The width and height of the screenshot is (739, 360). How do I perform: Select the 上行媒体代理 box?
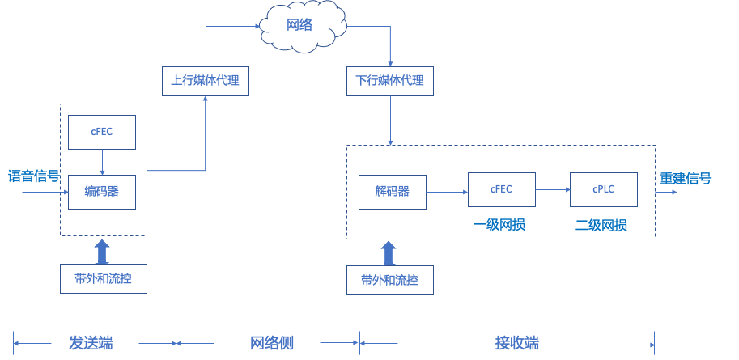click(x=206, y=81)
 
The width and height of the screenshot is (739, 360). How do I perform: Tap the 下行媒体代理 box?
click(x=390, y=81)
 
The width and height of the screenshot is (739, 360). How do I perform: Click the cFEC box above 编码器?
click(x=102, y=132)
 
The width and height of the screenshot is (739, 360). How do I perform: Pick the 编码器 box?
click(x=102, y=192)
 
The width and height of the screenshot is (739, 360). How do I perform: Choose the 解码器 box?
click(x=392, y=192)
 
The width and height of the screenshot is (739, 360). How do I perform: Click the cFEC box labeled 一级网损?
click(x=502, y=189)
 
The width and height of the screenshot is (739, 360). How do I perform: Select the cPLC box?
click(x=604, y=189)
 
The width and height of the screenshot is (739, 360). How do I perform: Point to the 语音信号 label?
click(x=34, y=176)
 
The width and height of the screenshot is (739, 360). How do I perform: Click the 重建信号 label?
click(x=686, y=178)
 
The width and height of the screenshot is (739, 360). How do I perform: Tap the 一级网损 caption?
click(x=499, y=224)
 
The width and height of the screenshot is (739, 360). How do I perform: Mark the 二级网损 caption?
click(x=601, y=225)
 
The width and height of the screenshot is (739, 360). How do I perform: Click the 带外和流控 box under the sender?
click(x=104, y=278)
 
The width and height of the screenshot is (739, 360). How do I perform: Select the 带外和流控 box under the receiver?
click(x=390, y=281)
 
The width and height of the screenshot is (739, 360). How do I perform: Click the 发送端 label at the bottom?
click(x=91, y=343)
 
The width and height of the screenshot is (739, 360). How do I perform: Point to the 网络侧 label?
click(x=272, y=343)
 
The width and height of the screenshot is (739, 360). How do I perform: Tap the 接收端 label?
click(x=517, y=343)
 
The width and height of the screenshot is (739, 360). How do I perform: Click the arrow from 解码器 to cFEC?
click(x=448, y=192)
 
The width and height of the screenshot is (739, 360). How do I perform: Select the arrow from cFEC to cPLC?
click(x=553, y=189)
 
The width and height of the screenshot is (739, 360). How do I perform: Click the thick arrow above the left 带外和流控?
click(x=102, y=252)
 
